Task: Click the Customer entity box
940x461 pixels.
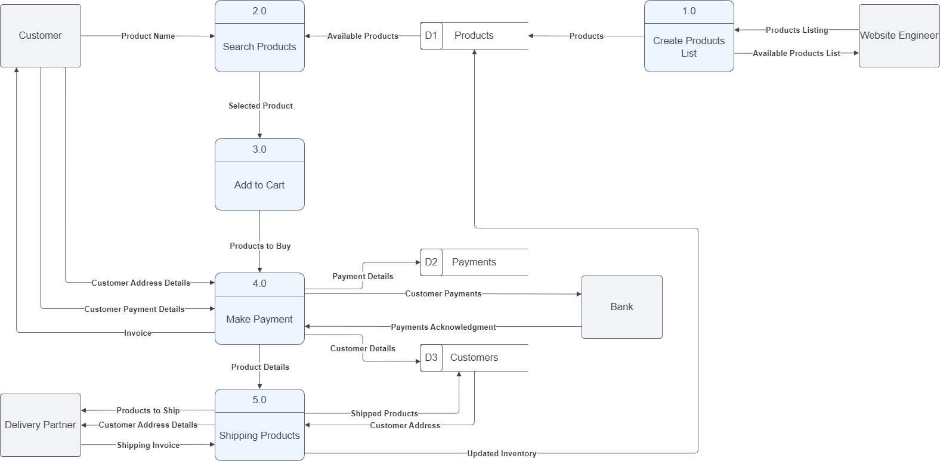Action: (x=40, y=36)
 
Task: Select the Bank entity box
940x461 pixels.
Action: (x=621, y=307)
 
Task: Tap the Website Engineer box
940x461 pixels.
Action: (x=899, y=36)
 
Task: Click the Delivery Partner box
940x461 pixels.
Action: (x=40, y=425)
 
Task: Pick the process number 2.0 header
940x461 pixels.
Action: (x=259, y=11)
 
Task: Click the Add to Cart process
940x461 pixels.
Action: (x=259, y=185)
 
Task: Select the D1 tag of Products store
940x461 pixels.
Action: (x=431, y=36)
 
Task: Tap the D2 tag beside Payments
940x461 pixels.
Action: (x=431, y=262)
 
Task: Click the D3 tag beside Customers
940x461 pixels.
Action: (x=431, y=357)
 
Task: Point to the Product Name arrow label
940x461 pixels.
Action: (x=148, y=36)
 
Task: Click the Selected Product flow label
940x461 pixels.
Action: (x=261, y=106)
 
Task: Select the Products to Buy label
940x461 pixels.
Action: (x=260, y=246)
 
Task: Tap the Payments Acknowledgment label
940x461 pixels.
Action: (x=443, y=327)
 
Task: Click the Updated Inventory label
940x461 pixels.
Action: (x=502, y=453)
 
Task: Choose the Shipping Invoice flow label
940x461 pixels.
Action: (x=148, y=445)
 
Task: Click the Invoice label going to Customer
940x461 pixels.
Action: (x=138, y=333)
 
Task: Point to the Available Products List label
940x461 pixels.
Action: (x=796, y=53)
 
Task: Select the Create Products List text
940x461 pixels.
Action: (x=689, y=47)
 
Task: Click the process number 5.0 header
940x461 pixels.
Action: (x=259, y=400)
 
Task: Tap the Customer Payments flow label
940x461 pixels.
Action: (x=443, y=293)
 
